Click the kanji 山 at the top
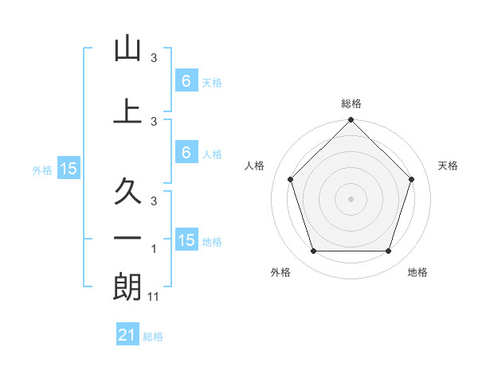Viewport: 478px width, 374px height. click(x=127, y=49)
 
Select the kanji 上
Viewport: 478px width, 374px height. click(x=127, y=111)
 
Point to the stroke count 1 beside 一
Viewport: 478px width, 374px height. click(x=154, y=250)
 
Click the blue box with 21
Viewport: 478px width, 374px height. click(x=127, y=336)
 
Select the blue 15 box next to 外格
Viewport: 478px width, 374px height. click(x=68, y=169)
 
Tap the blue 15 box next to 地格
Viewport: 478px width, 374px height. click(x=186, y=240)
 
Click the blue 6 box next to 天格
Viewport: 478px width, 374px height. click(x=186, y=81)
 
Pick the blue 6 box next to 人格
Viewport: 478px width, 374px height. click(x=186, y=153)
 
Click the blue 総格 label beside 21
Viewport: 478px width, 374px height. click(x=153, y=337)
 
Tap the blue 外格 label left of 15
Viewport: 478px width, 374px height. click(x=41, y=169)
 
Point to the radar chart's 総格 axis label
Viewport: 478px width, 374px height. click(x=351, y=103)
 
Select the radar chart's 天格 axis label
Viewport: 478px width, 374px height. click(x=448, y=166)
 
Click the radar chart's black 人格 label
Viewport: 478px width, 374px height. click(x=255, y=166)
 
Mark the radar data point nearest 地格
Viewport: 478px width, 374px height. click(x=388, y=251)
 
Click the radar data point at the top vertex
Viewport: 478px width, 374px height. click(x=351, y=122)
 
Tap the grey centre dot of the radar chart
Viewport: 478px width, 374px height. click(x=351, y=198)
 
